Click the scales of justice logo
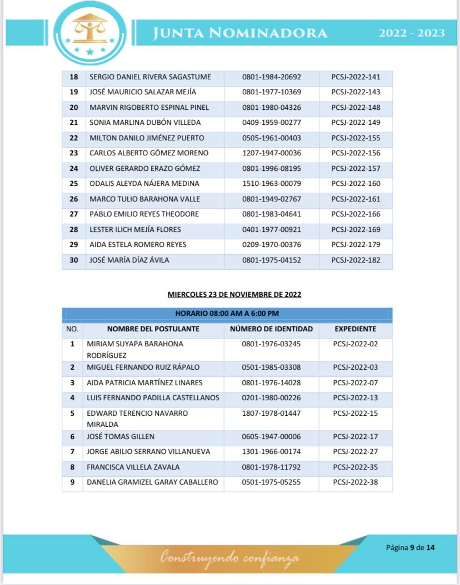(90, 32)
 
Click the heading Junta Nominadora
(240, 33)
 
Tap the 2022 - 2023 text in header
(412, 33)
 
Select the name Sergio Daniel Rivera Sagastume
(150, 77)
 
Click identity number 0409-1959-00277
(271, 123)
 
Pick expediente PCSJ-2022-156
(356, 153)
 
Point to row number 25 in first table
(73, 184)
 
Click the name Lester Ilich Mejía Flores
(135, 229)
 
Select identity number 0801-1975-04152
(271, 260)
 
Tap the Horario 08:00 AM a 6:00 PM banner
(227, 314)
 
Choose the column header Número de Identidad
(271, 329)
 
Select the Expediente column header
(355, 329)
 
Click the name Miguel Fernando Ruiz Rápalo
(143, 367)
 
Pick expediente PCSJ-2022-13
(355, 398)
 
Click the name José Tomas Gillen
(121, 437)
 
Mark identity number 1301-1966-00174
(271, 452)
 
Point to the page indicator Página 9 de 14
(410, 548)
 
